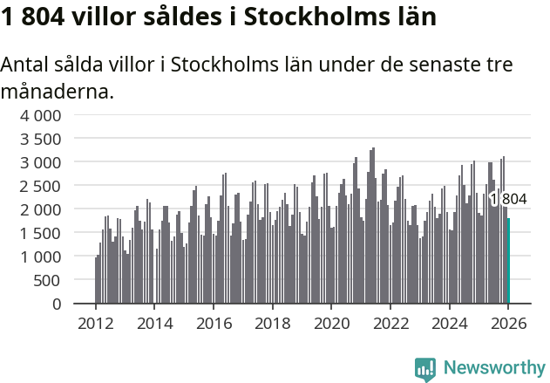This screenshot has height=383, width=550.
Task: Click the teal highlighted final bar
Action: (508, 262)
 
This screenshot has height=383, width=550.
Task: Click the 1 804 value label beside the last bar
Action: (508, 200)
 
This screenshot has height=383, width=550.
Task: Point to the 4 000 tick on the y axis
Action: (41, 115)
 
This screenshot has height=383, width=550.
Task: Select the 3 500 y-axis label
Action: (41, 139)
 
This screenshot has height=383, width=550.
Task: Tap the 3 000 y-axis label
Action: (41, 162)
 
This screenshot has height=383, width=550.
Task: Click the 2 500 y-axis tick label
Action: (41, 186)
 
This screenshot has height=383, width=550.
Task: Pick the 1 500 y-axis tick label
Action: (41, 233)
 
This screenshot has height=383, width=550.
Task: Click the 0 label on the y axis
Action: (57, 304)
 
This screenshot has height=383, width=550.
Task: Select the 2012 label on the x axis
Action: (96, 324)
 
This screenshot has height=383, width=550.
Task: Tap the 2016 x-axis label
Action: (214, 324)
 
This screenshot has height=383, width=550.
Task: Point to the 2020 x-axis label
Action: (331, 324)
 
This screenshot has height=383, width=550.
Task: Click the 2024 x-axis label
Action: (449, 324)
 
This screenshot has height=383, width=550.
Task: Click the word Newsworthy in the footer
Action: (493, 367)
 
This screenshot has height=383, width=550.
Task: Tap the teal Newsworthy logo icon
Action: (425, 368)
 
